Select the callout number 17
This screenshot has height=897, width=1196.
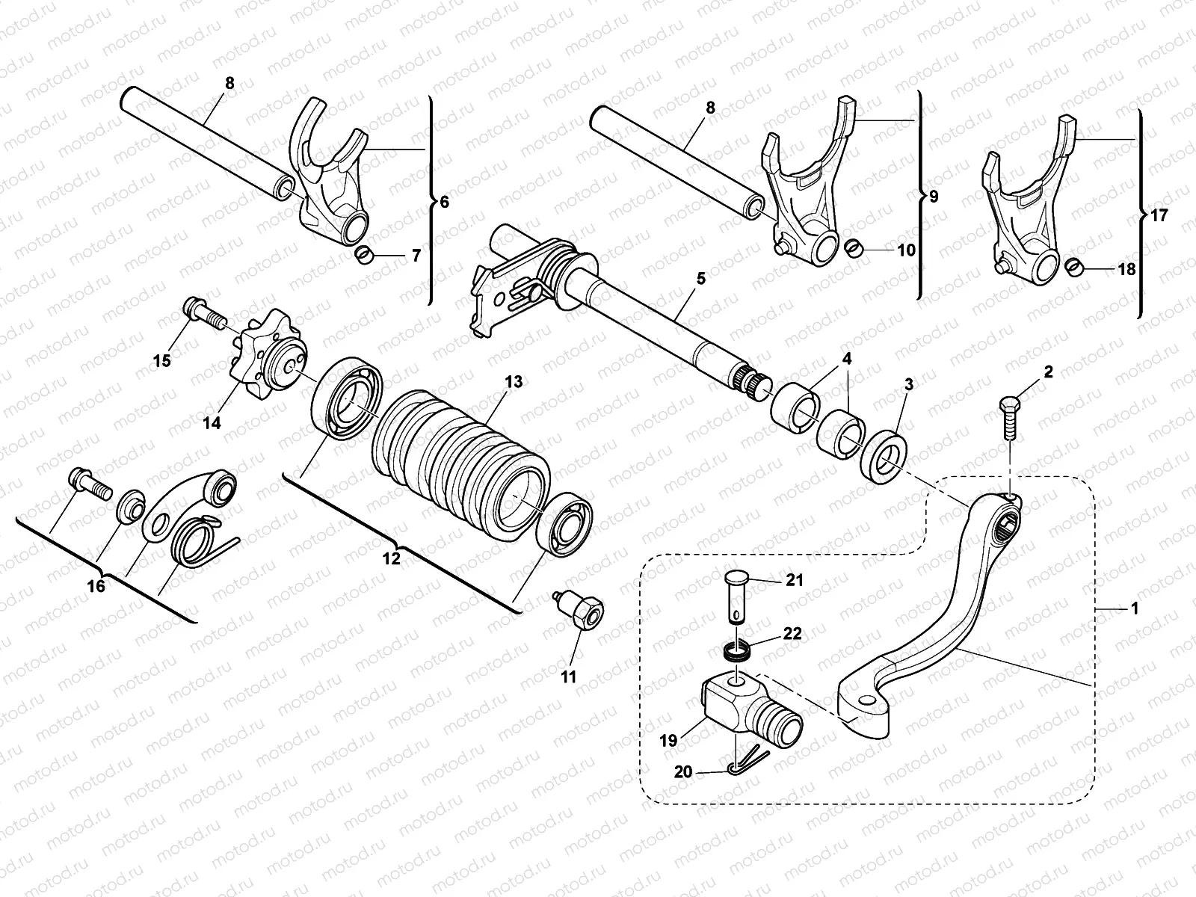tap(1159, 216)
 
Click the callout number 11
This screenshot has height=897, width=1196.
tap(569, 677)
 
